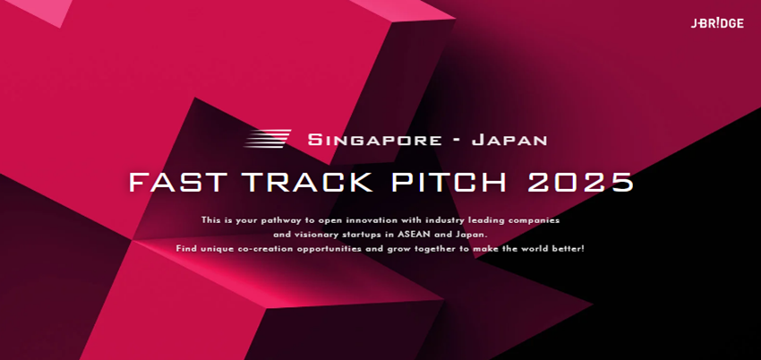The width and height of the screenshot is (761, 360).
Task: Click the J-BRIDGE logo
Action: pos(717,23)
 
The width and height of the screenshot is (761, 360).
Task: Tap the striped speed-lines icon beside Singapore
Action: pos(268,139)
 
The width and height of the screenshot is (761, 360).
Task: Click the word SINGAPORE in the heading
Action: pos(374,141)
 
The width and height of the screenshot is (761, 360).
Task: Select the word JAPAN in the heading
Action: pos(509,141)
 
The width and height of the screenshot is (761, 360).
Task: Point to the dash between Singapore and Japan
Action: pos(457,141)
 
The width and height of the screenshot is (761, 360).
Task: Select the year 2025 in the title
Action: pos(580,182)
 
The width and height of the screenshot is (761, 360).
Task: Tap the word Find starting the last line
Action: pos(185,249)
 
